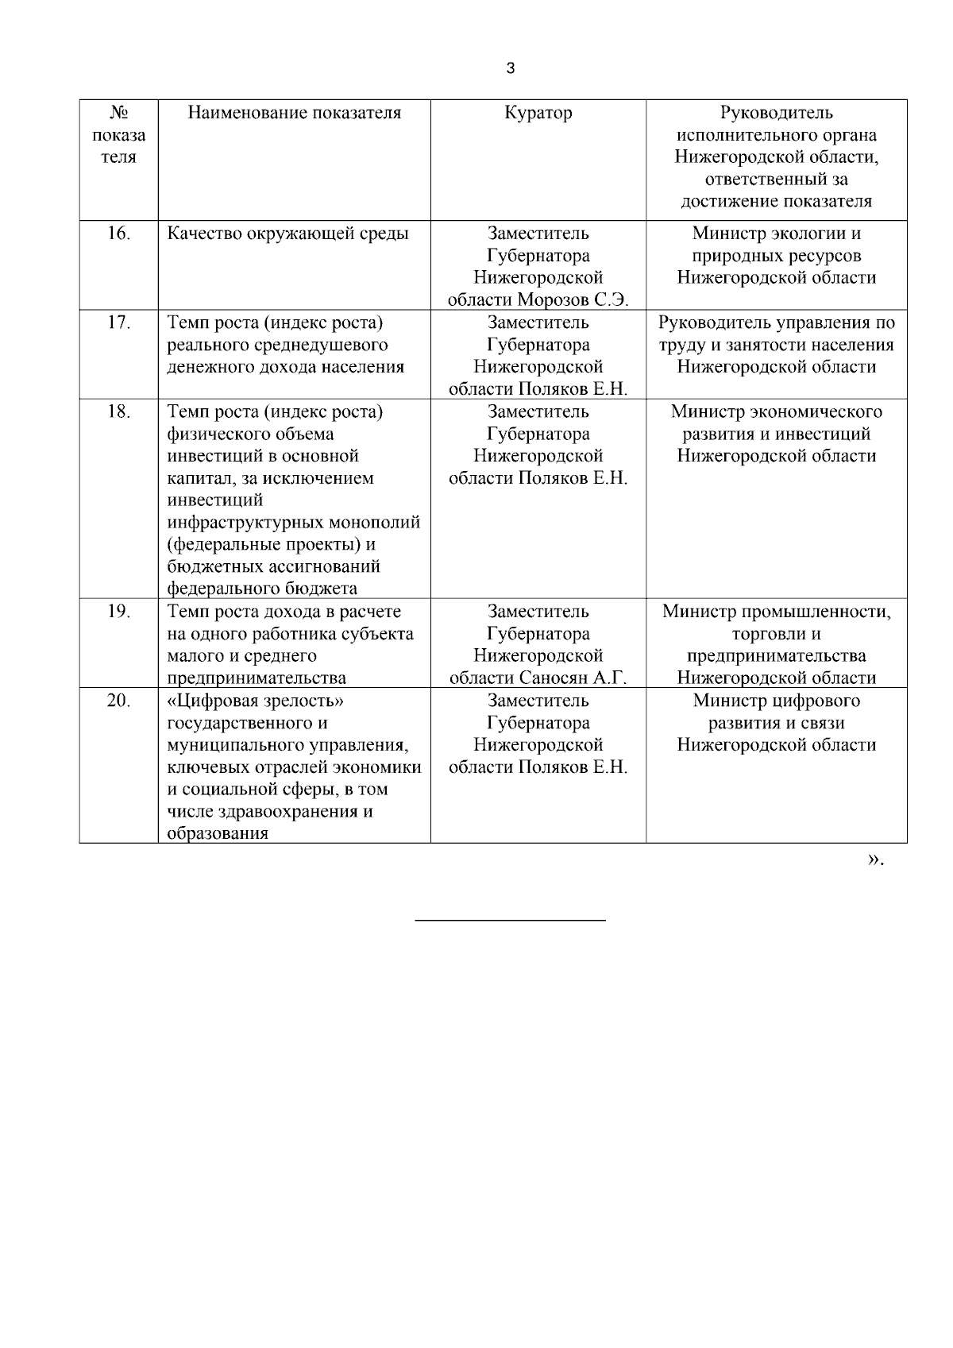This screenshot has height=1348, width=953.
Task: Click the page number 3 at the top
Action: click(x=510, y=68)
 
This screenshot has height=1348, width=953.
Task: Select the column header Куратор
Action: click(x=538, y=113)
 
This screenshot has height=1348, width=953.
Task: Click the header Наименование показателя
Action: click(x=294, y=113)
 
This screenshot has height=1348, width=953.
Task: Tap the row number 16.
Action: click(x=118, y=234)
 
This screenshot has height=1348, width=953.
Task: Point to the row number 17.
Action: click(x=118, y=323)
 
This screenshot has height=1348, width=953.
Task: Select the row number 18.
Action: click(x=118, y=411)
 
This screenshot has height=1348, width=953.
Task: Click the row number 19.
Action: click(x=118, y=612)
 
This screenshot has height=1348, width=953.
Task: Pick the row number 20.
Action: click(x=118, y=701)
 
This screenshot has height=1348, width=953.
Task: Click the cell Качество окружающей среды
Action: click(x=287, y=234)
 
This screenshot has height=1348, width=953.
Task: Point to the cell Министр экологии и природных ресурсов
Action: click(x=776, y=256)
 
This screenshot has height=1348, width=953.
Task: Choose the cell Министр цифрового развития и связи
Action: click(x=776, y=723)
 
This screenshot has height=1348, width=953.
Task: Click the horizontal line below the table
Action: click(x=510, y=920)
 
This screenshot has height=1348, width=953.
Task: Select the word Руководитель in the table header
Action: click(x=776, y=113)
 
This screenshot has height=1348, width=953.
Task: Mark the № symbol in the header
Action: click(x=118, y=113)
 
